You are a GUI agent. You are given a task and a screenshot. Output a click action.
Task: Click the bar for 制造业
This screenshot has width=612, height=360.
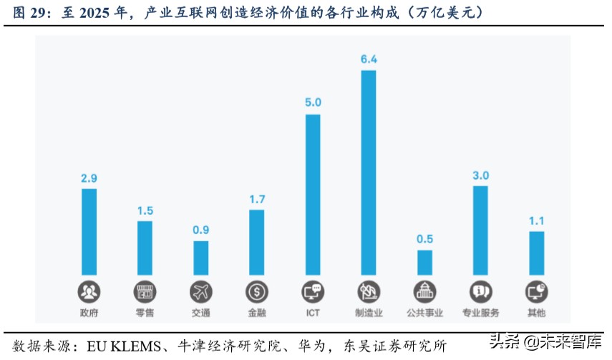369,172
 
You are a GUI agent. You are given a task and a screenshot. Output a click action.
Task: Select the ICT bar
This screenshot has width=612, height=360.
313,195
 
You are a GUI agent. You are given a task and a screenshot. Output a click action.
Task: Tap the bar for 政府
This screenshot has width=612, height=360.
89,232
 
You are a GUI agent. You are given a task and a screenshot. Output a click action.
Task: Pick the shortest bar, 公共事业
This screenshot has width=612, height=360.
424,263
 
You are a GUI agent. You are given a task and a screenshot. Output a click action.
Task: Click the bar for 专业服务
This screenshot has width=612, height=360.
480,230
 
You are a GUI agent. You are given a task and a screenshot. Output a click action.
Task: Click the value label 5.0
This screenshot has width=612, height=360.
313,102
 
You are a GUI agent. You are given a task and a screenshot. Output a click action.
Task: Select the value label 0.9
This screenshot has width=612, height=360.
201,230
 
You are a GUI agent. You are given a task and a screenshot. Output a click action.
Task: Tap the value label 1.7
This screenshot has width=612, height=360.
257,198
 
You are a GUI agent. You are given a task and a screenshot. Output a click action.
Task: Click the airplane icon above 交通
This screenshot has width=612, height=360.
201,291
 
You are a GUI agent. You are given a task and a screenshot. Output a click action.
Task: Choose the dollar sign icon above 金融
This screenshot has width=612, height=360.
257,291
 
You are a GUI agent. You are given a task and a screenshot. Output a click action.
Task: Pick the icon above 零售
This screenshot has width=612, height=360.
145,291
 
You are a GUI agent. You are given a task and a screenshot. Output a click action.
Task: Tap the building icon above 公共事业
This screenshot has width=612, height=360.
424,291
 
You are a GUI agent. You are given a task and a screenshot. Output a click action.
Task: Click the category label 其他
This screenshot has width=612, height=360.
536,313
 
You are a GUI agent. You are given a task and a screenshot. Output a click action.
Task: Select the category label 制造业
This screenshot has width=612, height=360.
369,313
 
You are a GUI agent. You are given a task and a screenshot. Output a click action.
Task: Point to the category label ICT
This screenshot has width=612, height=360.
313,313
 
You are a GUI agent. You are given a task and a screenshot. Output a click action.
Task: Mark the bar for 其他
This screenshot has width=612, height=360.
536,253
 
